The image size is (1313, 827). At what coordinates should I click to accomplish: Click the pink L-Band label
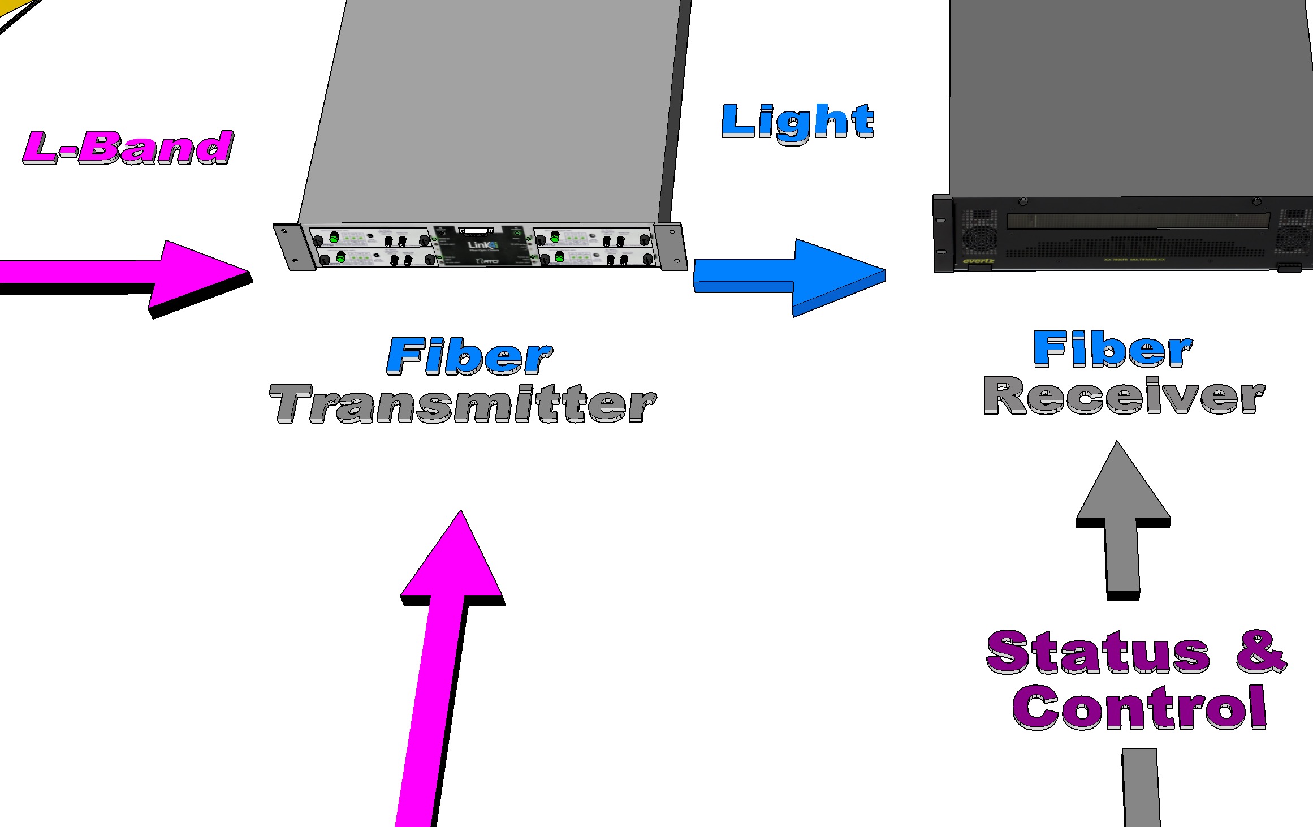128,148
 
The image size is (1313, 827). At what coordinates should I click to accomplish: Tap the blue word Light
797,122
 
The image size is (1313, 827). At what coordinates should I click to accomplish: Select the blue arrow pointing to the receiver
792,275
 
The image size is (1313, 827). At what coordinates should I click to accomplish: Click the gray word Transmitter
463,404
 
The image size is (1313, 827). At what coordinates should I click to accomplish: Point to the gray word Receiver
1124,395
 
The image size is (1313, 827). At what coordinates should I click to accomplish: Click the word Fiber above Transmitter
469,356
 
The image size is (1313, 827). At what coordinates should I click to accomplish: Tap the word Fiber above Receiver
1112,349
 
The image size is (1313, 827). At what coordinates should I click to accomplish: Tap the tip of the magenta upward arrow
461,515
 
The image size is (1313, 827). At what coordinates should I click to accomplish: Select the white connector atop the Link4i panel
476,231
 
